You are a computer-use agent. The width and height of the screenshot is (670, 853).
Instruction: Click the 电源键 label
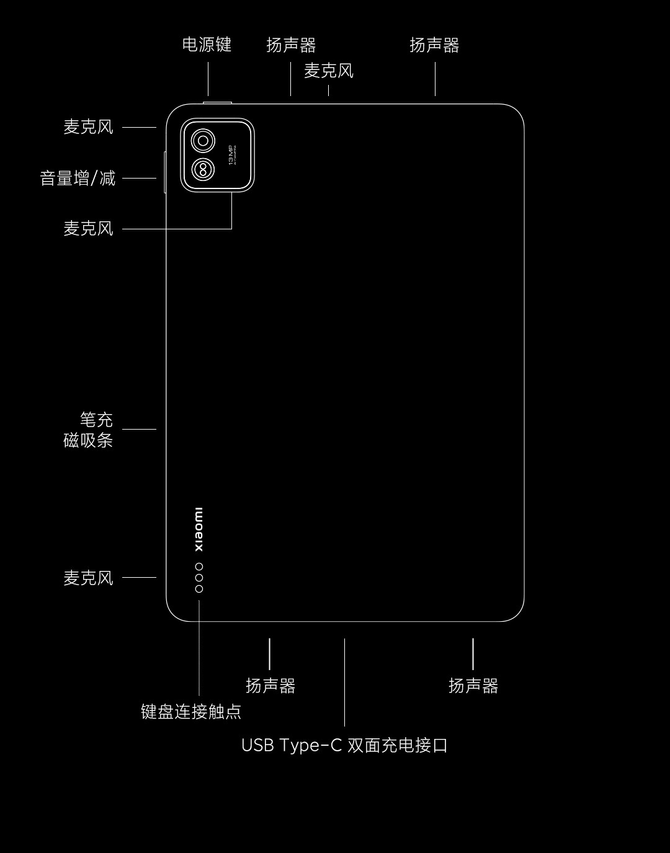pos(207,45)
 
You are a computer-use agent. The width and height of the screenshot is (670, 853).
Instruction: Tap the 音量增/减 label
pos(78,179)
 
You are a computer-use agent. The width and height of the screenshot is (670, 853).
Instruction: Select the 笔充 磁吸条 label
pos(89,430)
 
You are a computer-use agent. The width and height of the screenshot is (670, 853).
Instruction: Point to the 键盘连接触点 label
pos(191,711)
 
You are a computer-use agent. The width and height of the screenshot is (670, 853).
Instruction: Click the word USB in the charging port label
pos(257,745)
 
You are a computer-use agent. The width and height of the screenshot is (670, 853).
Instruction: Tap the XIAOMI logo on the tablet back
pos(199,529)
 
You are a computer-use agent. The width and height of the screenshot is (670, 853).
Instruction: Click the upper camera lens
pos(203,141)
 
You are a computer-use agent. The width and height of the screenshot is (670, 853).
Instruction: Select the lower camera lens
pos(203,169)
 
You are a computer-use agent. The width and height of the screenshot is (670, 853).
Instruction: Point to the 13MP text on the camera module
pos(231,154)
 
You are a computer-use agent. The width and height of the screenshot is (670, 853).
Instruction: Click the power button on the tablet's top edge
pos(217,102)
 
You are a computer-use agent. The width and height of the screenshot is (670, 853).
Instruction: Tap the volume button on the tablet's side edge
pos(165,172)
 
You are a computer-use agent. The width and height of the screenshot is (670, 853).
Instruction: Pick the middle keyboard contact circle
pos(199,578)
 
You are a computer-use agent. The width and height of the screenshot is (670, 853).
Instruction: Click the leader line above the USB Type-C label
pos(344,682)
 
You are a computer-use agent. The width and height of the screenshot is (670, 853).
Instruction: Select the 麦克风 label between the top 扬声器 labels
pos(329,71)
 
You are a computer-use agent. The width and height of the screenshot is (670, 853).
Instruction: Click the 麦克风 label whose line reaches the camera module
pos(89,229)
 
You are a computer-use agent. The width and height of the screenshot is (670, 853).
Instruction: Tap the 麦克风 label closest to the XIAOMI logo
pos(89,578)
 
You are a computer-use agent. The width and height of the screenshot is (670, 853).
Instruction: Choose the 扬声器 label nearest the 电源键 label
pos(291,45)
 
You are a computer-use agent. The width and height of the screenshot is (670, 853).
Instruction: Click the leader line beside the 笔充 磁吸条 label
pos(139,429)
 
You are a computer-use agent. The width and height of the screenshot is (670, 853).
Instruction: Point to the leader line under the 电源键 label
pos(208,79)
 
